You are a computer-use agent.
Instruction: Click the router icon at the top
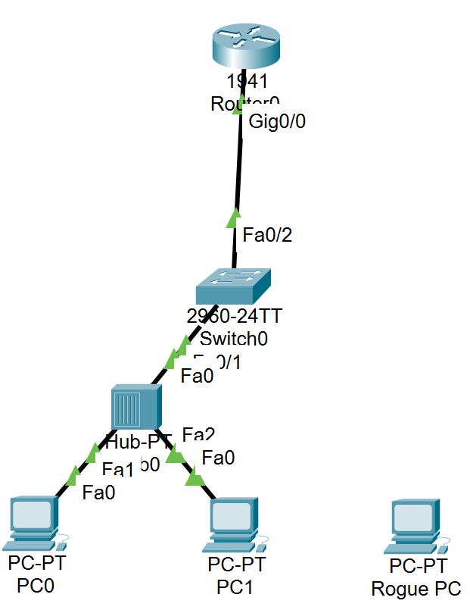[244, 46]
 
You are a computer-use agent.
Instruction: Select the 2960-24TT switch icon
[232, 286]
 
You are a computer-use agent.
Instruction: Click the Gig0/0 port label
[276, 120]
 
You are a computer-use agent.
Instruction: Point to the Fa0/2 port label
[267, 235]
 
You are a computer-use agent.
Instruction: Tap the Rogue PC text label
[416, 589]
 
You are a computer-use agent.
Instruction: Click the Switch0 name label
[233, 338]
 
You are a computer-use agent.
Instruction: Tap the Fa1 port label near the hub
[118, 468]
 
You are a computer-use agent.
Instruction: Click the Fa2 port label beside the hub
[199, 434]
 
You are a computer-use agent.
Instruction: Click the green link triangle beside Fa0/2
[233, 220]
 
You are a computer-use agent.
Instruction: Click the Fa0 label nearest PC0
[99, 493]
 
